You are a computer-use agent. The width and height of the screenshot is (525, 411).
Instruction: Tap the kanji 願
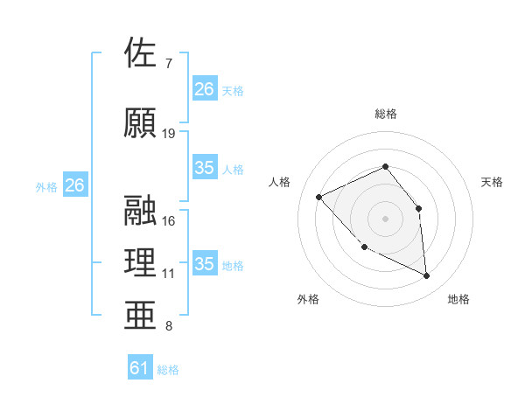coord(142,122)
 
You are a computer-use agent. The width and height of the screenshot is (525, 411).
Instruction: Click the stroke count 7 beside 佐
coord(169,64)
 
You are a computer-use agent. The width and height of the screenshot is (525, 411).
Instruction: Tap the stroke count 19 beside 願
coord(169,134)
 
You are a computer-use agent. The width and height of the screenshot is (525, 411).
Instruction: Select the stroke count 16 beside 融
coord(169,221)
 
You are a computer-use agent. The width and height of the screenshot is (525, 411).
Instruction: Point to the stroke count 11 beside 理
coord(169,274)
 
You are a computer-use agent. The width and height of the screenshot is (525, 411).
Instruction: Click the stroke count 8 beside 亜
coord(169,327)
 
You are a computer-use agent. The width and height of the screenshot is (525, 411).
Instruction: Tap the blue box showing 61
coord(140,369)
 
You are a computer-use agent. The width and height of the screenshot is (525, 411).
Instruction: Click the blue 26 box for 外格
coord(74,185)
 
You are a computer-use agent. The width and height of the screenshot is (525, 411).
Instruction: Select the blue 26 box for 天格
coord(205,89)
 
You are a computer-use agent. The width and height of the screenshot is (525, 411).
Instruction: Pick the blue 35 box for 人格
coord(205,168)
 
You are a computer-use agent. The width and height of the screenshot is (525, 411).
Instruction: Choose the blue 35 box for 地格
coord(205,264)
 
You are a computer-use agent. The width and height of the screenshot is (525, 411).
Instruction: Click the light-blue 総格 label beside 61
coord(168,370)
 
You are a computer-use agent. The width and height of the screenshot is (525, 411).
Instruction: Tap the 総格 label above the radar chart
coord(385,114)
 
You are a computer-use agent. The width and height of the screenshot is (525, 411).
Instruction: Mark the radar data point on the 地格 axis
coord(427,276)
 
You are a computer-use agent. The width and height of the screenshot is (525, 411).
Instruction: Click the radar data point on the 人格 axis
coord(319,197)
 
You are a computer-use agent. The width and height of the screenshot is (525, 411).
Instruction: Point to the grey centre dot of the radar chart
coord(385,219)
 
